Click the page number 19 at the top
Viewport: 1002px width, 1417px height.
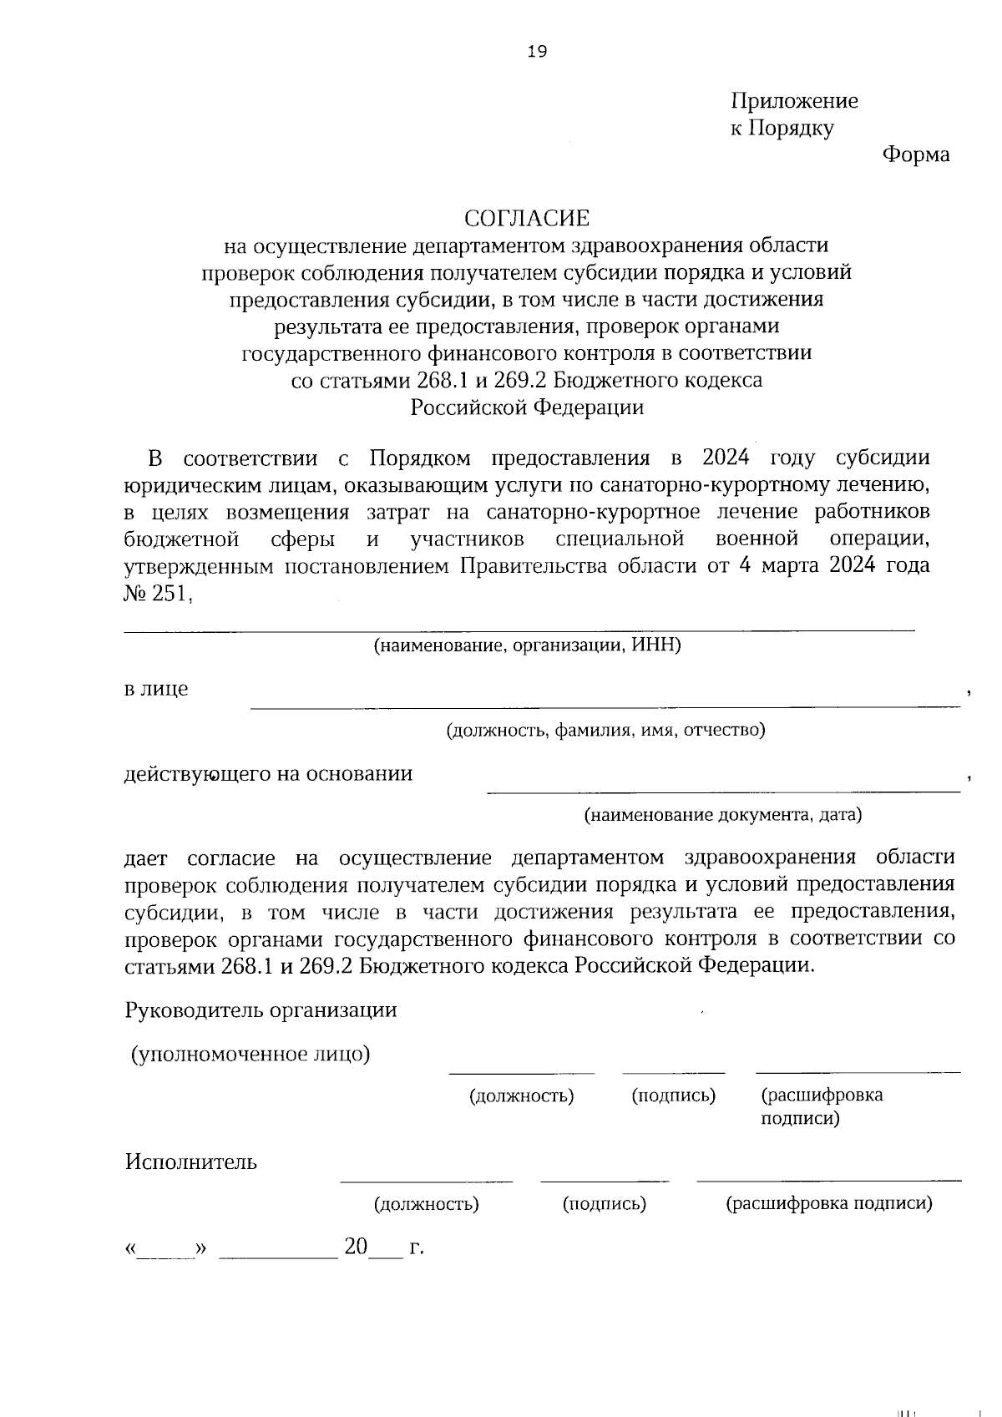537,53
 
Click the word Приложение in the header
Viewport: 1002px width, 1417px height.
794,101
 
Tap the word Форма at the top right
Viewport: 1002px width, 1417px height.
916,154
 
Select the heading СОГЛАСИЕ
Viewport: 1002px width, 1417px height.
527,219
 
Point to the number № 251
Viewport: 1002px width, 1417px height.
158,593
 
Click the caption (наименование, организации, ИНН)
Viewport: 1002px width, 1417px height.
527,645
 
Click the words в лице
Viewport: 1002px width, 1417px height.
156,689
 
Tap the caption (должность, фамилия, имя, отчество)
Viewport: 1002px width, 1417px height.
605,731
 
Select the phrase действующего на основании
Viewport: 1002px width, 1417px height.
268,773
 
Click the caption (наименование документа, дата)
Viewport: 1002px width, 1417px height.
722,814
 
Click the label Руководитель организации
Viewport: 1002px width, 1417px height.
261,1010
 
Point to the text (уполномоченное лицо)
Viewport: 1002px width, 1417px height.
250,1054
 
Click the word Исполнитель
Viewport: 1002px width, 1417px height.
191,1161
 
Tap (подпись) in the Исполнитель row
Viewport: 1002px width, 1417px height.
605,1203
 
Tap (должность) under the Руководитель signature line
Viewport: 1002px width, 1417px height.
521,1096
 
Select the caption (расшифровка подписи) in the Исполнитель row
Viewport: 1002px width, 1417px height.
828,1203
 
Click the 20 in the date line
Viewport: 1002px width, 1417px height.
356,1247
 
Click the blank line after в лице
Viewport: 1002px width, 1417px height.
605,706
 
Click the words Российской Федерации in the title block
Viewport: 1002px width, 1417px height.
527,407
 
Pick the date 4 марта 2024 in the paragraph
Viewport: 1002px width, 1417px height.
806,565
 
